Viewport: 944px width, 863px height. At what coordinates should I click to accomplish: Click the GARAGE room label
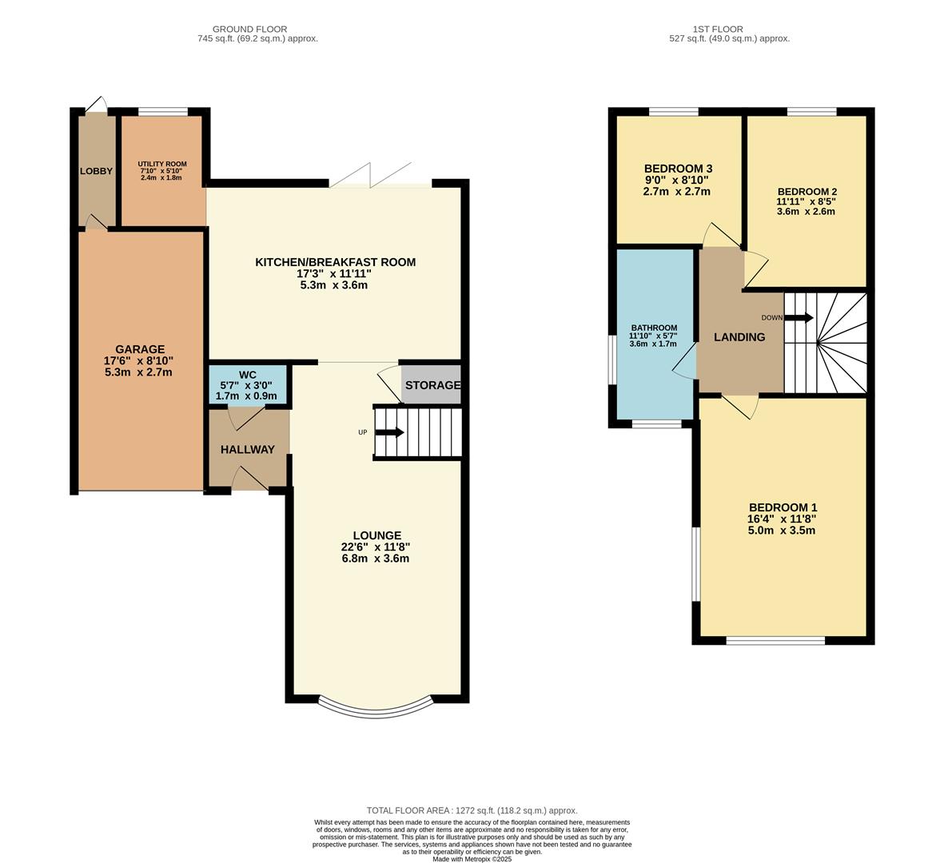coord(140,349)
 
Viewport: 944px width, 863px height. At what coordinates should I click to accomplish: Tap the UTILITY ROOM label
coord(161,164)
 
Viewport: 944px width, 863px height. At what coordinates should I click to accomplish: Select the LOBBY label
coord(96,171)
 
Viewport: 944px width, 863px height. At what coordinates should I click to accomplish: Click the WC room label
coord(247,375)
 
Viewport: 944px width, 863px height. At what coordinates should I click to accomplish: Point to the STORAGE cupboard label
coord(432,385)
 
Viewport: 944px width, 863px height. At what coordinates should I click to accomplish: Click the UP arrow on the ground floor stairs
coord(389,432)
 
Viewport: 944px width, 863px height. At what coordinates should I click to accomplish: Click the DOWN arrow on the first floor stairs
coord(799,318)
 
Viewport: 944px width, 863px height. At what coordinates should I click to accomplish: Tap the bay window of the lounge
coord(375,706)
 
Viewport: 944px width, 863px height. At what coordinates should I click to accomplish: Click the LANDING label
coord(739,337)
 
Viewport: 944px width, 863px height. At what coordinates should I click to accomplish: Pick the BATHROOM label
coord(654,328)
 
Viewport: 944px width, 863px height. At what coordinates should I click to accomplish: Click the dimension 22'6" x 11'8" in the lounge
coord(375,547)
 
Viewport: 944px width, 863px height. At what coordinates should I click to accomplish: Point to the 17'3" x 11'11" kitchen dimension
coord(335,273)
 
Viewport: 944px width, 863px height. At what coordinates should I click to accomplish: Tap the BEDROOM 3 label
coord(678,169)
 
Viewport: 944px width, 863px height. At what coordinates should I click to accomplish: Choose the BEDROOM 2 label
coord(807,192)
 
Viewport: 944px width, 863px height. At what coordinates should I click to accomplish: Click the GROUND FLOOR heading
coord(249,30)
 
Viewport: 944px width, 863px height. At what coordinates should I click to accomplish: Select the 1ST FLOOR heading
coord(729,30)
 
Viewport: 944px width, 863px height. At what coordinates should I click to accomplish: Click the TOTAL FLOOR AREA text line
coord(472,810)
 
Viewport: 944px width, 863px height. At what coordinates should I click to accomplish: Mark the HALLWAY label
coord(247,450)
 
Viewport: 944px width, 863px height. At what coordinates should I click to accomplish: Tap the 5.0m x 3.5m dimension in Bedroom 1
coord(782,530)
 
